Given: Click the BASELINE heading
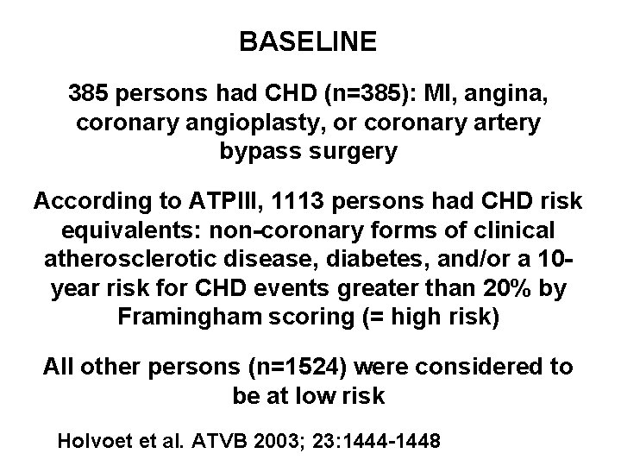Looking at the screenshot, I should pos(308,42).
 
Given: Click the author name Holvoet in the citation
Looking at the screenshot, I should pos(91,442).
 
